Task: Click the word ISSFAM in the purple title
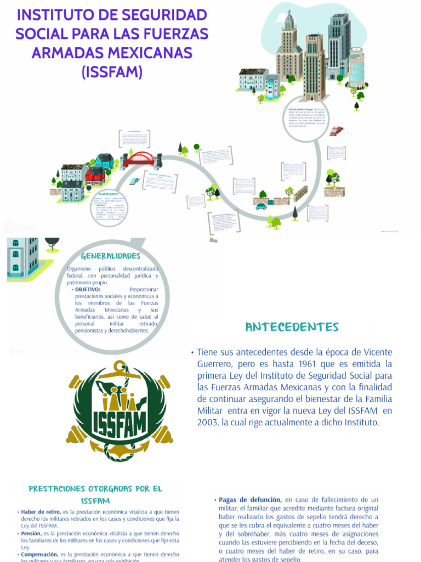point(111,71)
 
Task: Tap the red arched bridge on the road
point(141,159)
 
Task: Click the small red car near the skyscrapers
point(336,131)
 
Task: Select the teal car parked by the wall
point(261,206)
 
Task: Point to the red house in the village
point(95,176)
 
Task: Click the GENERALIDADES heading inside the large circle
point(111,256)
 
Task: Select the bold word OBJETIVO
point(87,289)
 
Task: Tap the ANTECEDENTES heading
point(292,328)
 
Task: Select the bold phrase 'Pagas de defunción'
point(250,500)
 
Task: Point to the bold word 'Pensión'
point(31,533)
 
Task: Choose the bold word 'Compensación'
point(39,554)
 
